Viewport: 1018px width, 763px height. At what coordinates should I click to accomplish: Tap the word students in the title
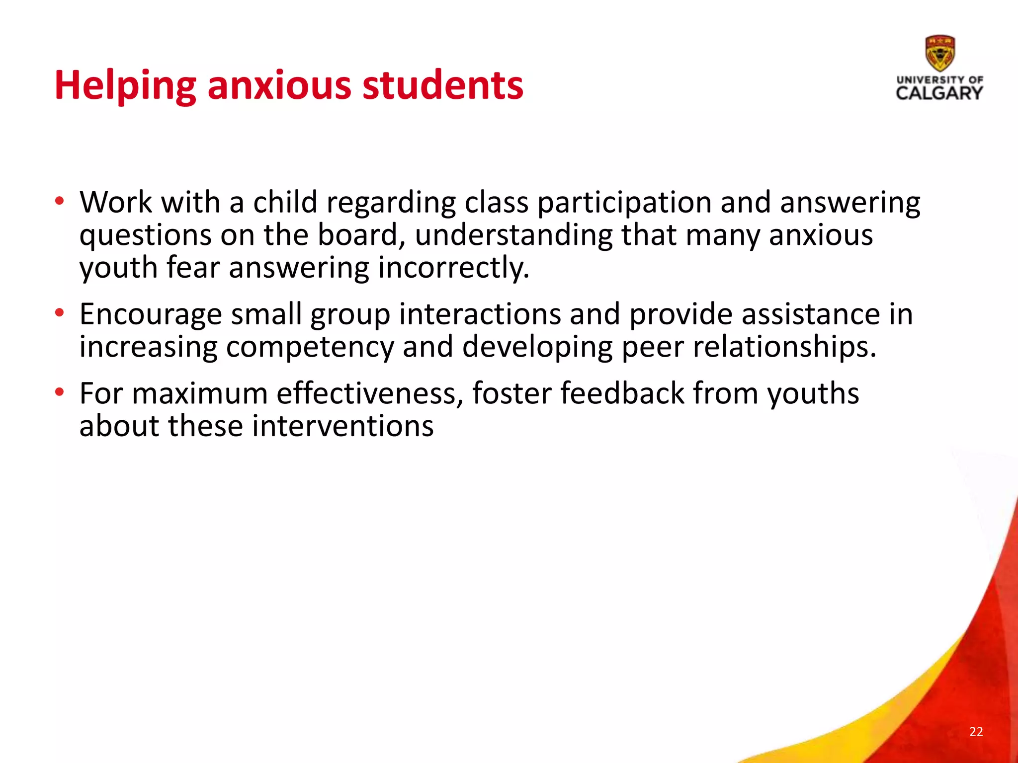(x=442, y=85)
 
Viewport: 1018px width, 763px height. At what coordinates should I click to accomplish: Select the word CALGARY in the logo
(x=939, y=93)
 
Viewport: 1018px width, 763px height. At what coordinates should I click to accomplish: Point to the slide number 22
(x=976, y=731)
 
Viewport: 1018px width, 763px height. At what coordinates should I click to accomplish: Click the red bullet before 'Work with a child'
(x=60, y=202)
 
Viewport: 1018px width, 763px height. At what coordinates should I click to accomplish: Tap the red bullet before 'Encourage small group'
(x=60, y=313)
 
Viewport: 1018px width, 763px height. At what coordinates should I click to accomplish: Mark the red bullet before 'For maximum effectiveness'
(x=60, y=393)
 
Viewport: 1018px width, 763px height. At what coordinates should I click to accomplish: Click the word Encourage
(x=151, y=314)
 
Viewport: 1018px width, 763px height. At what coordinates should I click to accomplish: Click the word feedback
(x=622, y=393)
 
